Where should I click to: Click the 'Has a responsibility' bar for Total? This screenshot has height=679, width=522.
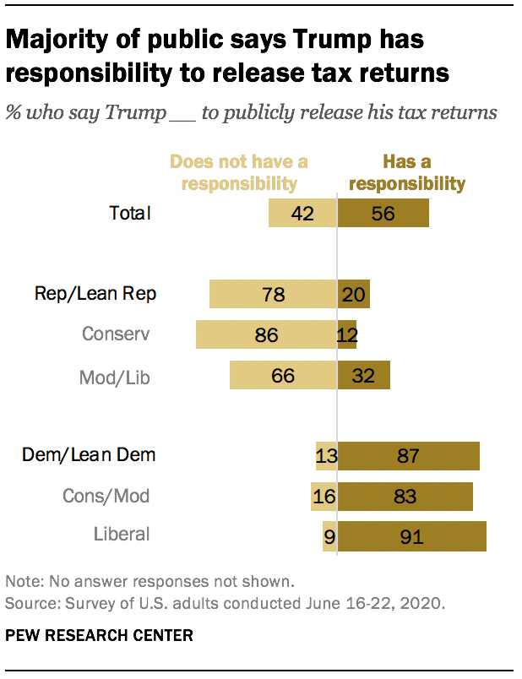[383, 213]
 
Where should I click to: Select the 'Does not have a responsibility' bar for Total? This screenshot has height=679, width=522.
[302, 213]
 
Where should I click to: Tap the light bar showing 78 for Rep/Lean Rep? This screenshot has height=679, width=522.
[273, 294]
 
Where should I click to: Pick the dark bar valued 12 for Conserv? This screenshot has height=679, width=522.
[347, 334]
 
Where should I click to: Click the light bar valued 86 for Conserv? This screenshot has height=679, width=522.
[266, 334]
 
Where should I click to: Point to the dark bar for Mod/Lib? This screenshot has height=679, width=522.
[364, 375]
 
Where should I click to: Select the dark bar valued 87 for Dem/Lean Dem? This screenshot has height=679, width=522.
[409, 456]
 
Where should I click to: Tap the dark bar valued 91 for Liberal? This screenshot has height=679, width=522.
[412, 535]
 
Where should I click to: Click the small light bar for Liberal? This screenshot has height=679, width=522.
[329, 535]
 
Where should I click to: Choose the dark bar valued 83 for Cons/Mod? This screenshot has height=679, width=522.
[405, 496]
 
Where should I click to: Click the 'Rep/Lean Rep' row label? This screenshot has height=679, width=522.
[95, 294]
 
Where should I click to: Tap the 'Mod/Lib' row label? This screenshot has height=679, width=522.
[116, 377]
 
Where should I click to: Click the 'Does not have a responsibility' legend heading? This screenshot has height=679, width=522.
[239, 171]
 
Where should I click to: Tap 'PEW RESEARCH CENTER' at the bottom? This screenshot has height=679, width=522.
[99, 635]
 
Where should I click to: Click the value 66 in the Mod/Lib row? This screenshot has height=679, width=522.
[282, 375]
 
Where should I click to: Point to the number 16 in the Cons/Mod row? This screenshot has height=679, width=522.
[324, 496]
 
